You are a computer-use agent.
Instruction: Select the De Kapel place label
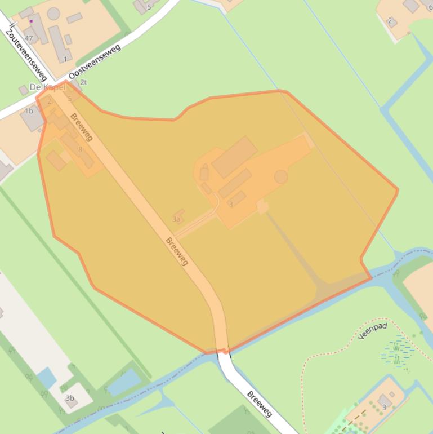(x=47, y=88)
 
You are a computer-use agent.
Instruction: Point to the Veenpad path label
(x=372, y=334)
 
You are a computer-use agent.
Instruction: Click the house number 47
(x=29, y=38)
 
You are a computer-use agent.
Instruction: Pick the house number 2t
(x=84, y=82)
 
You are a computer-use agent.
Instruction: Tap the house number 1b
(x=28, y=111)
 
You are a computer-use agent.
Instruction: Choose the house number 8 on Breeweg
(x=81, y=149)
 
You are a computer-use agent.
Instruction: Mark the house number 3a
(x=177, y=219)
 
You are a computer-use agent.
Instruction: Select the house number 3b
(x=69, y=398)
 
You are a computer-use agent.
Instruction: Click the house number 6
(x=430, y=7)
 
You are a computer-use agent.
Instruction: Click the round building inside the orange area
(x=280, y=177)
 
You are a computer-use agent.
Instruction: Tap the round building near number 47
(x=53, y=14)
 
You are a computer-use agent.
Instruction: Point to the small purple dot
(x=31, y=21)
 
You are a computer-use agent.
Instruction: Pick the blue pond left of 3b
(x=47, y=377)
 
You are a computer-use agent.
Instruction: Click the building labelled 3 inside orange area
(x=236, y=199)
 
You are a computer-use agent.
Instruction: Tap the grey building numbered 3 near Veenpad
(x=385, y=401)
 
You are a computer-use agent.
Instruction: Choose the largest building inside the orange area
(x=234, y=157)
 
